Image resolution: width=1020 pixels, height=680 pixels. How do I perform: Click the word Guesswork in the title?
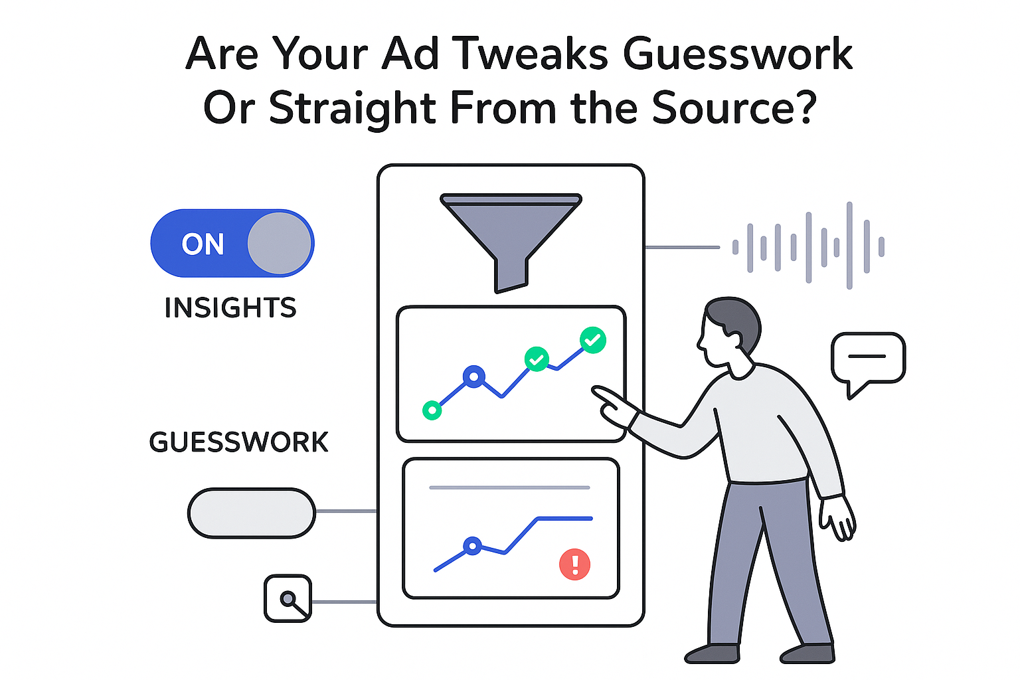(x=738, y=54)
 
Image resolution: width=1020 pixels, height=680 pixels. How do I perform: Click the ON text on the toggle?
(x=203, y=244)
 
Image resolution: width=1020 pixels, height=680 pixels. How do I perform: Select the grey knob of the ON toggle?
(x=280, y=244)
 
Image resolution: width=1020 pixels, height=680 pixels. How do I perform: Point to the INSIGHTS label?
(x=230, y=308)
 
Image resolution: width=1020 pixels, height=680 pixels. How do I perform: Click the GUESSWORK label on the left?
(x=238, y=442)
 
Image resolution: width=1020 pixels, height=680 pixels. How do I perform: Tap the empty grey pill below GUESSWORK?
(x=251, y=513)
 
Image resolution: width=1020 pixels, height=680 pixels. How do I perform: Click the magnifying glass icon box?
(x=288, y=598)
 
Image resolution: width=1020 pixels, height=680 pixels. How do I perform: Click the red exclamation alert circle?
(x=574, y=564)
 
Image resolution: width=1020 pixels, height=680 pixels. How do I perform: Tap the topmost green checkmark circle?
(x=592, y=340)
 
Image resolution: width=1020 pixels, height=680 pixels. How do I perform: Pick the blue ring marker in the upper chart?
(x=473, y=377)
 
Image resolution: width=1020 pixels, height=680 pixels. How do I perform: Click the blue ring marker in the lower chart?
(x=472, y=546)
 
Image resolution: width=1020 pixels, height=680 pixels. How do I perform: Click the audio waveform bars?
(x=808, y=246)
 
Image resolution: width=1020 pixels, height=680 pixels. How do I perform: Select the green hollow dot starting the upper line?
(x=432, y=410)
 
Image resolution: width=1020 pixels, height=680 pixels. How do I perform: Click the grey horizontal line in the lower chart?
(x=509, y=487)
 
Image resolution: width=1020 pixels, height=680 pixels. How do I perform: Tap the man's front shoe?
(x=712, y=653)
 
